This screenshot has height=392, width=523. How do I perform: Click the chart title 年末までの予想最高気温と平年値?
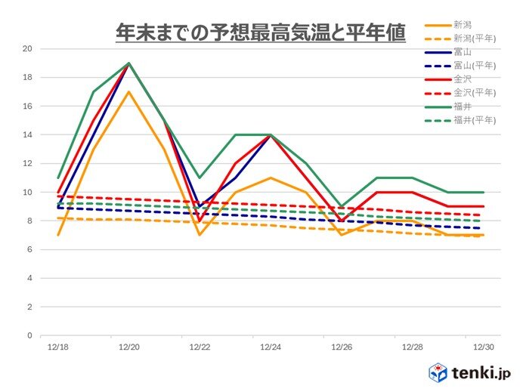(x=261, y=32)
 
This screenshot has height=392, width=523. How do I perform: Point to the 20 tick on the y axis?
(x=28, y=49)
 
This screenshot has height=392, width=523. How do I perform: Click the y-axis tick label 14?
(x=28, y=135)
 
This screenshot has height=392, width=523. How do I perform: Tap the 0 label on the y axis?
(x=30, y=336)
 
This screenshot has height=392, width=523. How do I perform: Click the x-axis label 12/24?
(x=271, y=347)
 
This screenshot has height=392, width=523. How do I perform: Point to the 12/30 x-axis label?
(x=483, y=347)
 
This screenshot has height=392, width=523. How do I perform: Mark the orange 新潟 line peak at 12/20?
(x=129, y=92)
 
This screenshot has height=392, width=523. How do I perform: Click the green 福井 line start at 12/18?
(x=58, y=178)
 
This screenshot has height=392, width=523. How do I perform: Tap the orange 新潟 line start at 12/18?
(x=58, y=235)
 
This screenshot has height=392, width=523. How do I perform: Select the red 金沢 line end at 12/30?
(x=483, y=206)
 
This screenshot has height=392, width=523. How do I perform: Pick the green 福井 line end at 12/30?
(x=483, y=192)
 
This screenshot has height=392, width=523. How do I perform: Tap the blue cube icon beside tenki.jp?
(x=440, y=372)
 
